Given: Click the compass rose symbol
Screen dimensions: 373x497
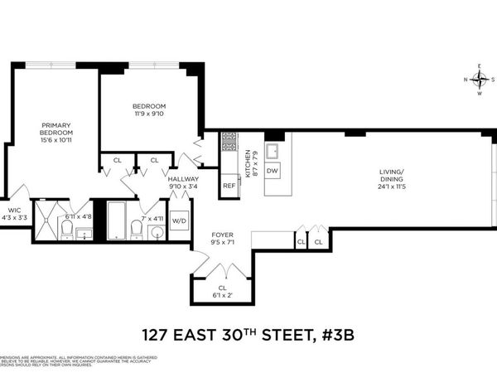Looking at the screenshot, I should pyautogui.click(x=480, y=80).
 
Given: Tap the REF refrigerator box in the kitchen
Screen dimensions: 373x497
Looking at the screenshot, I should pyautogui.click(x=229, y=186).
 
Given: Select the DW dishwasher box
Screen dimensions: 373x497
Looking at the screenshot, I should pyautogui.click(x=273, y=170).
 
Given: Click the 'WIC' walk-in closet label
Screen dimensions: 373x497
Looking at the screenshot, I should pyautogui.click(x=14, y=211).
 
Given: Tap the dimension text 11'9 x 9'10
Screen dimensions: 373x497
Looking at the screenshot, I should pyautogui.click(x=149, y=114).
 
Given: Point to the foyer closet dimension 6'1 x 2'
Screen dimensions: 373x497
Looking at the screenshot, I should pyautogui.click(x=222, y=296).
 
